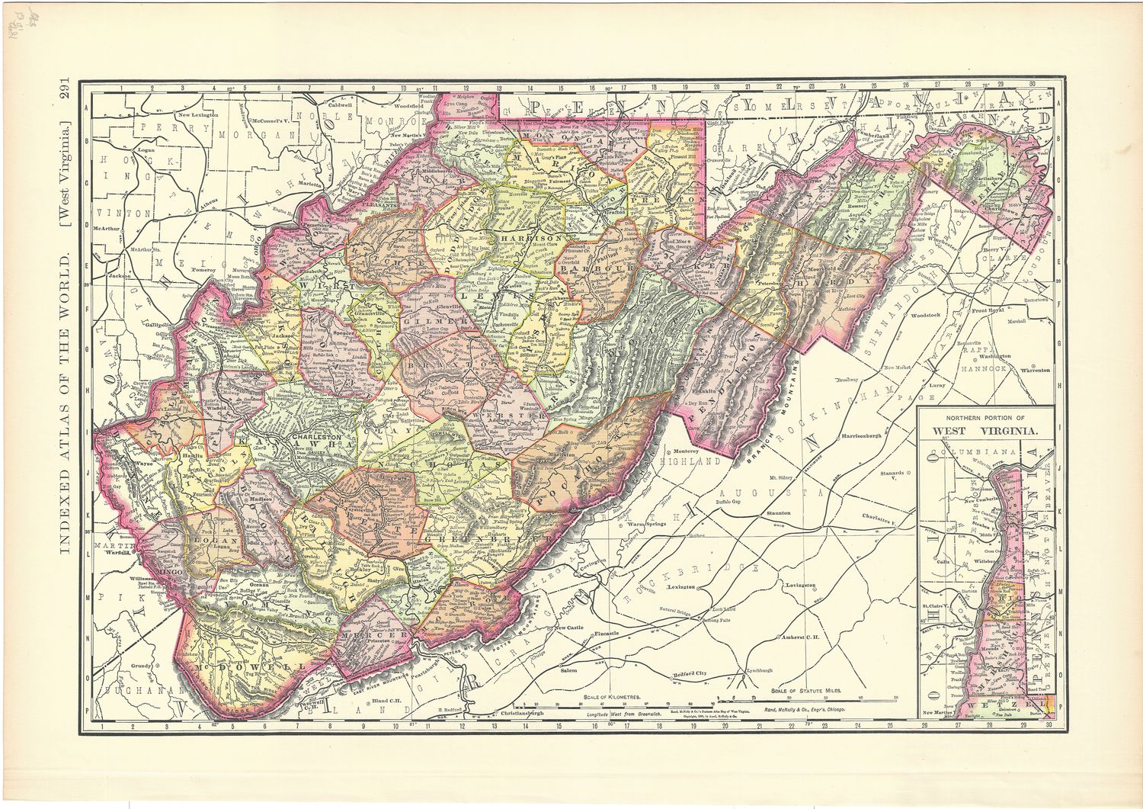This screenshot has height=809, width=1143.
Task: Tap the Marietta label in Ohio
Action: pos(306,183)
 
